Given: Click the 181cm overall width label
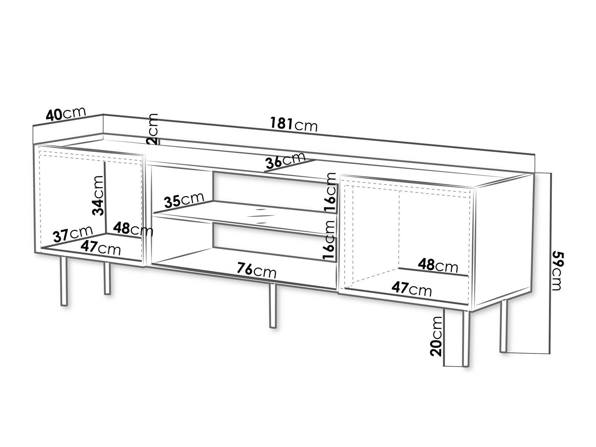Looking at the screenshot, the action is tap(294, 124).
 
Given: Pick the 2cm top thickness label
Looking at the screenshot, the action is tap(153, 129).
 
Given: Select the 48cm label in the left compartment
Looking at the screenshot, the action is tap(133, 229).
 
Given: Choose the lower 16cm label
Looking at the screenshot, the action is tap(330, 241).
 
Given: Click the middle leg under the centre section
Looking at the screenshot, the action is tap(272, 306).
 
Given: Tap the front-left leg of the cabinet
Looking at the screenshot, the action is tap(63, 281).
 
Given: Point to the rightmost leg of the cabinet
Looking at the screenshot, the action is tap(503, 326).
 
